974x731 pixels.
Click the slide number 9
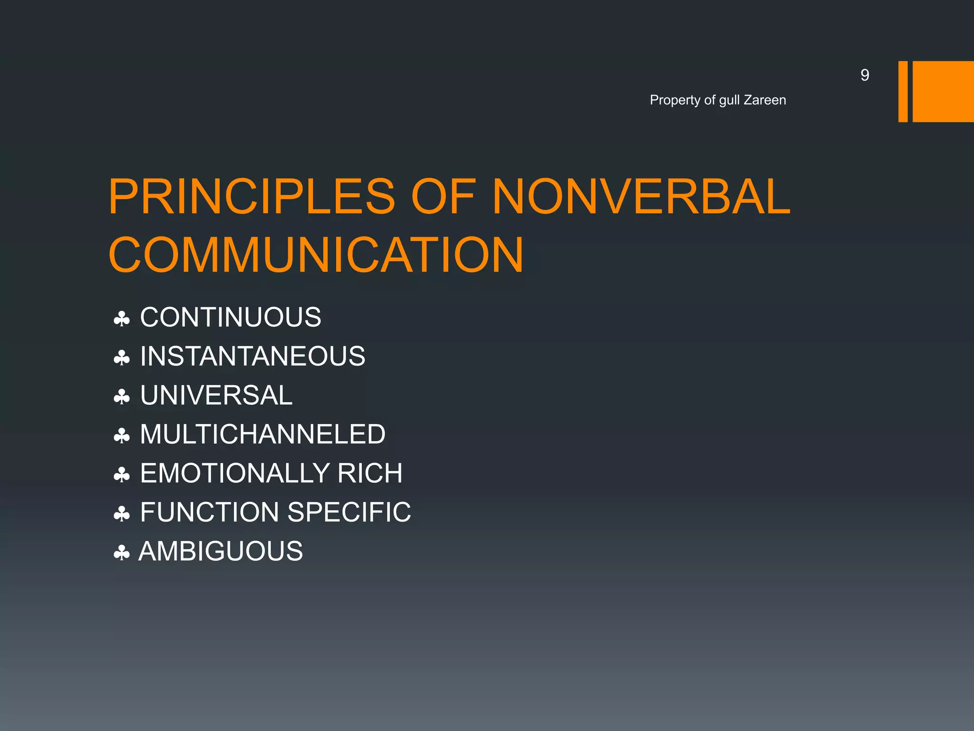[865, 75]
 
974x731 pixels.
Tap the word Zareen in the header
[765, 100]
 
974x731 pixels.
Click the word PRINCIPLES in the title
[252, 197]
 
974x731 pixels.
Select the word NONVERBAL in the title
[641, 197]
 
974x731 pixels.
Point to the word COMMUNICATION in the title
[316, 255]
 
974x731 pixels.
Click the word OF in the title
[443, 197]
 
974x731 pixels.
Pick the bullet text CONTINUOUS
[231, 317]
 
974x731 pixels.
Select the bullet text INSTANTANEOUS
[253, 356]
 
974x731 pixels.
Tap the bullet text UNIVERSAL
[216, 395]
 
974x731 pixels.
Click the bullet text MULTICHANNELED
[263, 434]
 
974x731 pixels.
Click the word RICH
[370, 473]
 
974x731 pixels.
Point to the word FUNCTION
[210, 512]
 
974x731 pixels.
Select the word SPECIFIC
[349, 512]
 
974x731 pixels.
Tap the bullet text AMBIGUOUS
[221, 551]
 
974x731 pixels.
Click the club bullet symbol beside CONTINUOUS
[122, 318]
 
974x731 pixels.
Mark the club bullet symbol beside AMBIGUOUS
[122, 553]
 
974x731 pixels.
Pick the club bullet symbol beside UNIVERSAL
[122, 396]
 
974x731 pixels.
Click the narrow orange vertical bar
[903, 91]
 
